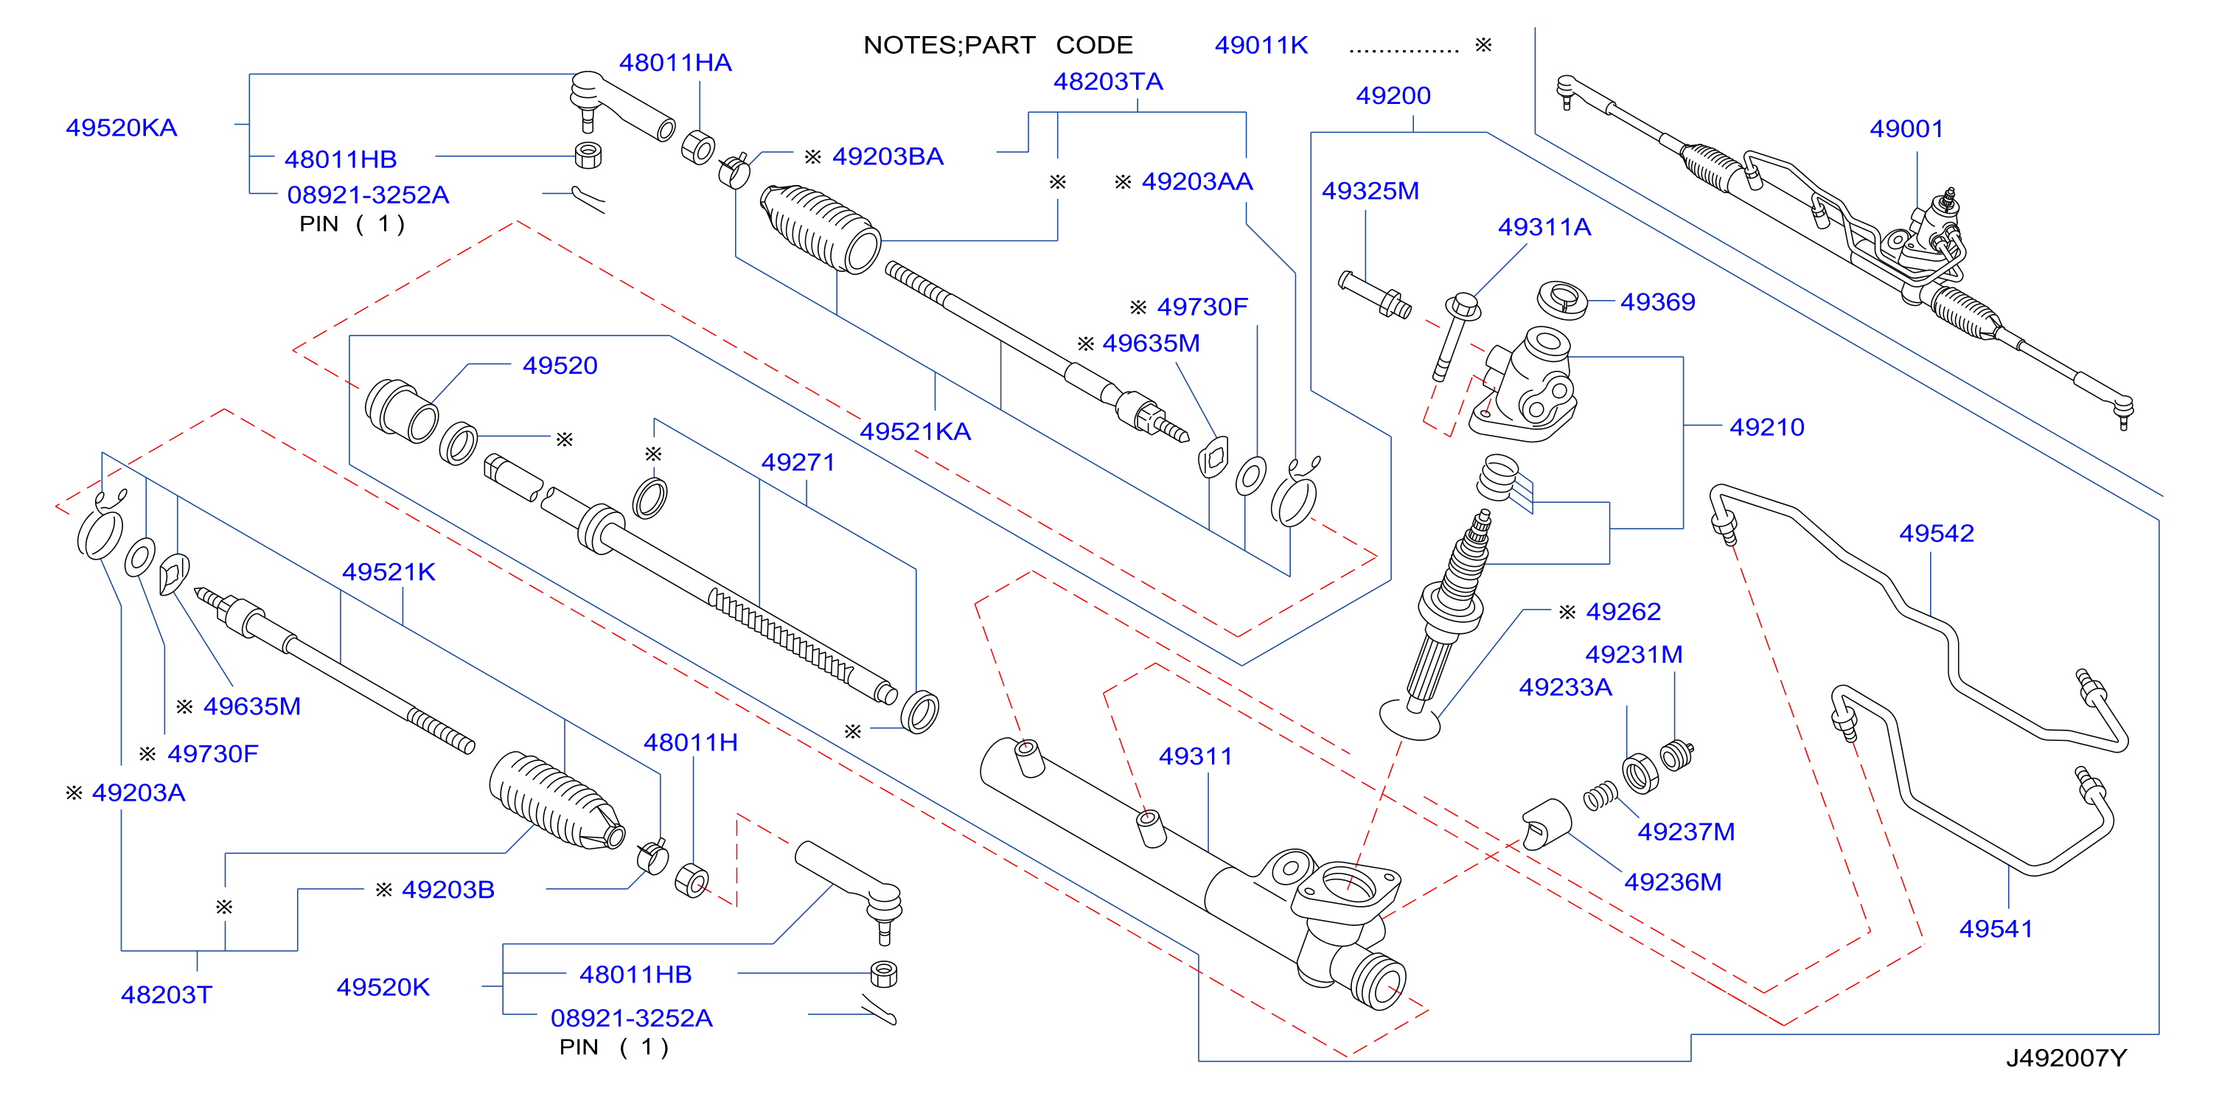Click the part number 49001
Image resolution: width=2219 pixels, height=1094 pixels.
coord(1906,129)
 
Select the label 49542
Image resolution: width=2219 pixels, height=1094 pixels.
coord(1936,533)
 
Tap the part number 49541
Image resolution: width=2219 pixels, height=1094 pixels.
coord(1995,929)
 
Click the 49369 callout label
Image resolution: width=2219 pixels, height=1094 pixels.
coord(1657,302)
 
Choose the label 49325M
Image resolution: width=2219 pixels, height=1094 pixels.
coord(1370,191)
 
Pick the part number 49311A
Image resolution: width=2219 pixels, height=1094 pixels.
coord(1544,227)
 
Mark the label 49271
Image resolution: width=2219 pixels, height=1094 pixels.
coord(798,462)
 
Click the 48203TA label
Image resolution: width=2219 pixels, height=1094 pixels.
coord(1108,82)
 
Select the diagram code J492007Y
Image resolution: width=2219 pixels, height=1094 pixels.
coord(2066,1058)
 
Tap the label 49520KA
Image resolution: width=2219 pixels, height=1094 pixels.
coord(122,128)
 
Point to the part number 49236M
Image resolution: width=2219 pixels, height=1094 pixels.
coord(1672,882)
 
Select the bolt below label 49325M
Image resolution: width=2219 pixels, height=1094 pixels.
coord(1375,295)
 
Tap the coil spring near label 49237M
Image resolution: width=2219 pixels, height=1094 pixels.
coord(1601,797)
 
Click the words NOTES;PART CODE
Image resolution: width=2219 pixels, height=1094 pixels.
coord(997,46)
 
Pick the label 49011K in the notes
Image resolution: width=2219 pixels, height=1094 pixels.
coord(1261,46)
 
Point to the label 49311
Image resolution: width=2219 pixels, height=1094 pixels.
coord(1195,756)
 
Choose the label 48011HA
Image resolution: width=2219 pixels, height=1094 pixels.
coord(675,63)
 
